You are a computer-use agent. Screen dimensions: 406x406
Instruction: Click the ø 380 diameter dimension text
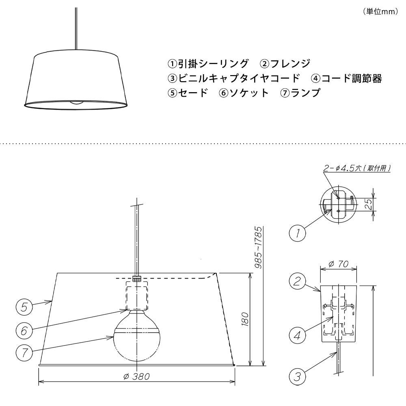[x=137, y=376]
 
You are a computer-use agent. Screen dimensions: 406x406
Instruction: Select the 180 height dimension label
[x=245, y=319]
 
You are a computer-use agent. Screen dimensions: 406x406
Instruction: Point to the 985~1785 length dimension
[x=259, y=247]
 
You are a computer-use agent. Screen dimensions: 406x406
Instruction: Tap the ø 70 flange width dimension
[x=339, y=264]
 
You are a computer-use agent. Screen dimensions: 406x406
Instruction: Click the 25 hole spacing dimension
[x=370, y=204]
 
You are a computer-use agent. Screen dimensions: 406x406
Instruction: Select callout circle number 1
[x=298, y=233]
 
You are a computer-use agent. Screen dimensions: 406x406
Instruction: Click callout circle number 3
[x=298, y=376]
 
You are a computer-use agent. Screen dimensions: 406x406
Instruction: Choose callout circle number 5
[x=24, y=307]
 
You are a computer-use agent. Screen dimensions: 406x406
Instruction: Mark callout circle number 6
[x=24, y=330]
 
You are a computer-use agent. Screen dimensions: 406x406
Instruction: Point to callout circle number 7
[x=24, y=353]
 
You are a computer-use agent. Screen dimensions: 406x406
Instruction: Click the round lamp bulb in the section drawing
[x=137, y=336]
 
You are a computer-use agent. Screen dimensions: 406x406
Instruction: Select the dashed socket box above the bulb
[x=137, y=296]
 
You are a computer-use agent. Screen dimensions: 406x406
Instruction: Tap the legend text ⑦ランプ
[x=300, y=93]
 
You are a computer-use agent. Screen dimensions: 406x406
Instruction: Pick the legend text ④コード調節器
[x=346, y=78]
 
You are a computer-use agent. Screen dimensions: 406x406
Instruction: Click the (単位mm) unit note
[x=381, y=12]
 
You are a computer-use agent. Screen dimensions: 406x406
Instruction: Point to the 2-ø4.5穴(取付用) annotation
[x=357, y=168]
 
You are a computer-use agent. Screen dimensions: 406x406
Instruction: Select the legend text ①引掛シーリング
[x=208, y=64]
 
